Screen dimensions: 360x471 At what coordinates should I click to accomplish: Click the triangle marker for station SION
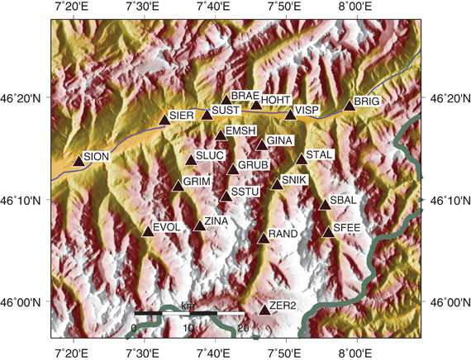78,161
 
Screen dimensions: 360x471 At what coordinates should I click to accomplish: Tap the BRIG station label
366,102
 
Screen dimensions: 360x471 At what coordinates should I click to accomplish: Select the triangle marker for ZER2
264,310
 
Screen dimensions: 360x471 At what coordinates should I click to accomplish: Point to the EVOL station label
167,226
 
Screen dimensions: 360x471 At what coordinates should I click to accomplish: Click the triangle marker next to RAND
264,238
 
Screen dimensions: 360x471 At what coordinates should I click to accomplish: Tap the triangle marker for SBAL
325,204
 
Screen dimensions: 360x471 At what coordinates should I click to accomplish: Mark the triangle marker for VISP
290,113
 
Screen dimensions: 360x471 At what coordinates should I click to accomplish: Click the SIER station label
182,115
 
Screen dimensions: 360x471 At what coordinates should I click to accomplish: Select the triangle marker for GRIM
178,185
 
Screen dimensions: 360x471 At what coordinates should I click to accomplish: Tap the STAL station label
320,154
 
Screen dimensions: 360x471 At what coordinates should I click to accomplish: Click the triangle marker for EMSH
221,135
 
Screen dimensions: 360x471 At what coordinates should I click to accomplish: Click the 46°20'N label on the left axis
26,98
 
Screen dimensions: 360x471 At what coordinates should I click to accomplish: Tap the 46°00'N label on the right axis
446,303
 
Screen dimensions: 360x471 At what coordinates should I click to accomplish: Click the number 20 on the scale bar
243,329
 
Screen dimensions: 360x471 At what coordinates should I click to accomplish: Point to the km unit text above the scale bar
188,306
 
